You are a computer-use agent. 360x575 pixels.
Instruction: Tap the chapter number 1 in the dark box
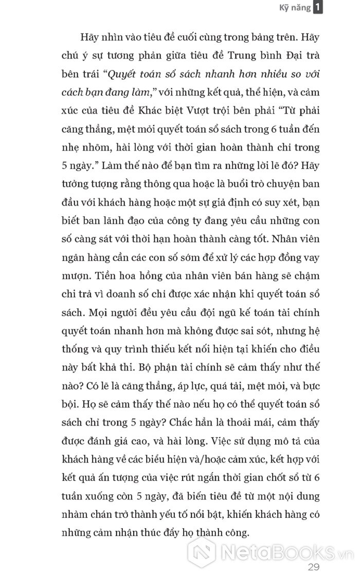pyautogui.click(x=318, y=7)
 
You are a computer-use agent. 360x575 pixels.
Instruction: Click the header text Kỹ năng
pyautogui.click(x=295, y=8)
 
